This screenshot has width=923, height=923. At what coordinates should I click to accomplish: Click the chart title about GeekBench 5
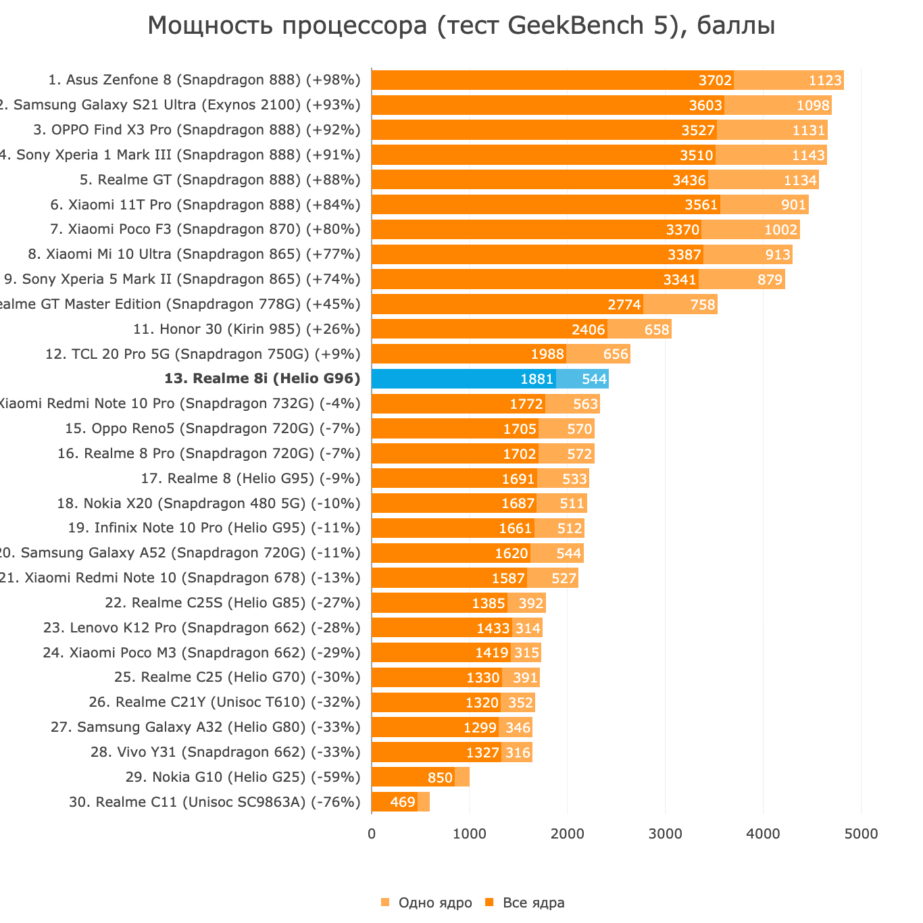(461, 26)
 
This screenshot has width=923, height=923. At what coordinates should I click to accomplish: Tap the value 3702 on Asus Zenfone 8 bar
(715, 80)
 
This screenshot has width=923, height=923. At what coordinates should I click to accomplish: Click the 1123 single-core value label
(825, 80)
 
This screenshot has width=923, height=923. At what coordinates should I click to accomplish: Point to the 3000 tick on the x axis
(665, 834)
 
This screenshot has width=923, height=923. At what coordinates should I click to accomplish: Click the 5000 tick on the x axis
(861, 834)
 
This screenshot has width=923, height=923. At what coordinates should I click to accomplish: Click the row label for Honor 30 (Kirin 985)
(247, 329)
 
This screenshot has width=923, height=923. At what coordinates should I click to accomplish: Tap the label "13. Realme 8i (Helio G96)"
(262, 379)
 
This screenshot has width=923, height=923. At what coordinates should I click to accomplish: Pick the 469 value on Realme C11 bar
(403, 802)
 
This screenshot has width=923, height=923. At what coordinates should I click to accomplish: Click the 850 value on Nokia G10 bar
(440, 778)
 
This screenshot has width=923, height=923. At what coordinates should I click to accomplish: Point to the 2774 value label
(624, 305)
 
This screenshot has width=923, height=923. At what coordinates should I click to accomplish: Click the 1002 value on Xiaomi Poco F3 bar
(780, 230)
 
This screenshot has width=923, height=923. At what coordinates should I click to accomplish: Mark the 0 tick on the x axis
(372, 834)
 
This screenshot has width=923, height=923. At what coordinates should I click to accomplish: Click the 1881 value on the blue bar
(537, 379)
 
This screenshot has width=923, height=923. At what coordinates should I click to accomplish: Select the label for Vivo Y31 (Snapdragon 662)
(225, 752)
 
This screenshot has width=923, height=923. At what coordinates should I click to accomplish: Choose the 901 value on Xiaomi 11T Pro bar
(793, 205)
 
